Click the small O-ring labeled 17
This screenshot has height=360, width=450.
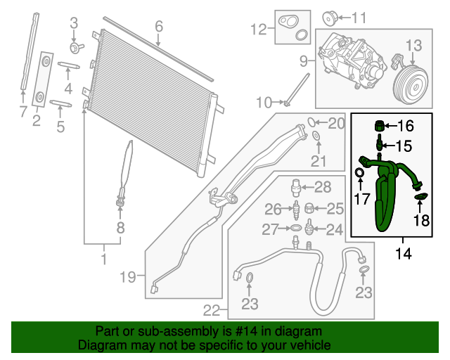(x=359, y=173)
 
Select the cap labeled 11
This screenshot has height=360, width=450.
(x=327, y=16)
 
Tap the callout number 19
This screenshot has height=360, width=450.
(x=127, y=278)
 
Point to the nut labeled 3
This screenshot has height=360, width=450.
(x=75, y=47)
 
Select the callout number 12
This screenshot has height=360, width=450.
(x=259, y=29)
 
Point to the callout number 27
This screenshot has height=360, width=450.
(x=271, y=229)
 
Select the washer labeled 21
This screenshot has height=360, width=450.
(x=317, y=135)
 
